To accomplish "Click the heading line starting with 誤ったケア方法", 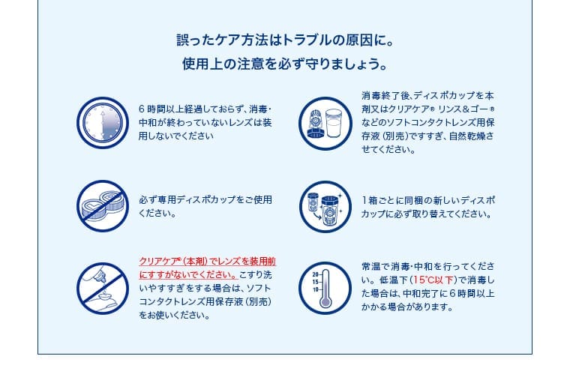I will click(x=284, y=37).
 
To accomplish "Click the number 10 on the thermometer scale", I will click(x=315, y=289).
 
